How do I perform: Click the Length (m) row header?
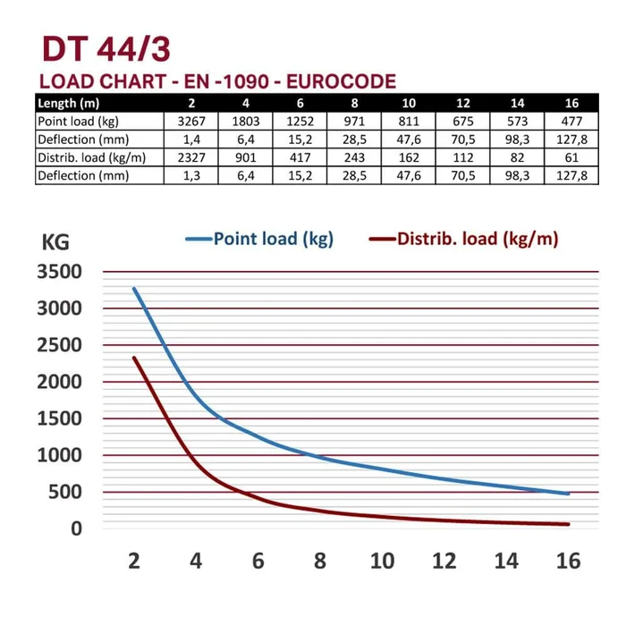68,103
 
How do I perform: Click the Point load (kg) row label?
77,121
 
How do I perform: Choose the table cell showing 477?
571,121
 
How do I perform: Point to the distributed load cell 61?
571,157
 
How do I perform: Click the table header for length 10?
409,103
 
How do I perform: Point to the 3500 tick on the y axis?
59,272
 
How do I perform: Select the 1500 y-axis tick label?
59,419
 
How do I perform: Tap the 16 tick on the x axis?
568,561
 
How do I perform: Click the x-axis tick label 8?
319,561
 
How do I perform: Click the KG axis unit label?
55,241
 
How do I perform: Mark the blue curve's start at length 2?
135,289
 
